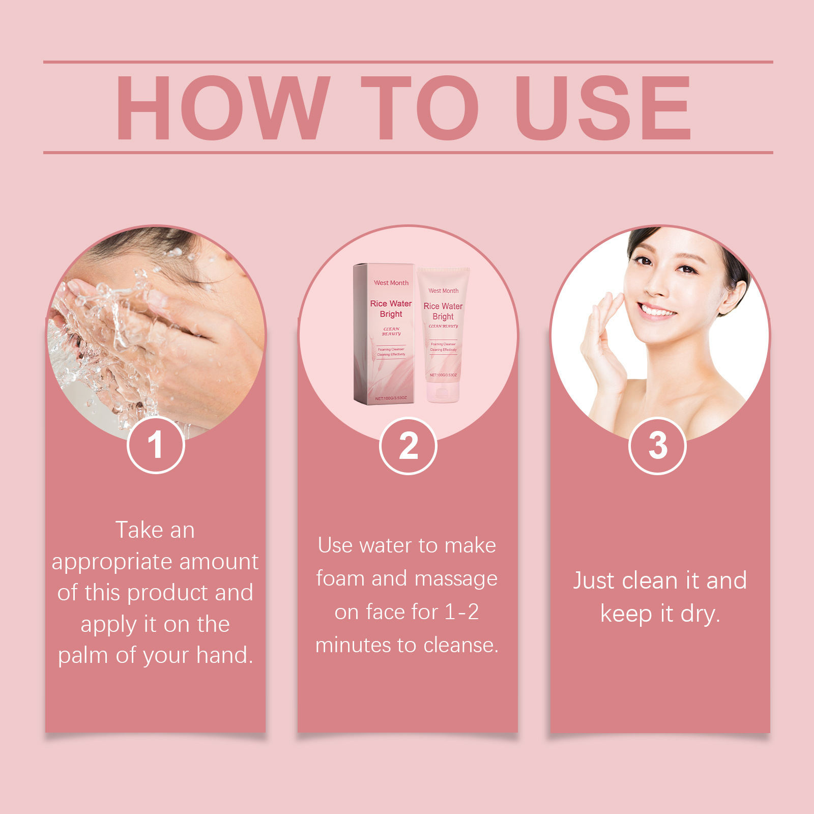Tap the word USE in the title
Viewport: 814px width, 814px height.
point(603,108)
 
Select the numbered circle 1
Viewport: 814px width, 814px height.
point(156,445)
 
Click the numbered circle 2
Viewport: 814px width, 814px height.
point(408,446)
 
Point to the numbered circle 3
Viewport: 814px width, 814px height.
point(657,446)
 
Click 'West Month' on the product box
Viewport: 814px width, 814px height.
point(391,283)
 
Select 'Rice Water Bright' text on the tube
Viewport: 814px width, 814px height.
point(443,311)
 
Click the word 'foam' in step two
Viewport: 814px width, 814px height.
point(340,579)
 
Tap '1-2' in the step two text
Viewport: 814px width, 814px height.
point(461,612)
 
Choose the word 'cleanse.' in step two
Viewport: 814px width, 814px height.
point(461,645)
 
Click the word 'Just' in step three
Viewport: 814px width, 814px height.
point(593,580)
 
